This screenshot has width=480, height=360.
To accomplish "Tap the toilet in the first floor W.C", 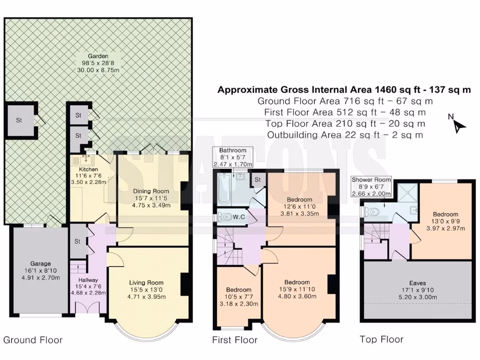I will tap(226, 217).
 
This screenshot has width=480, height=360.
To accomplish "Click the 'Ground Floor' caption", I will tap(33, 340).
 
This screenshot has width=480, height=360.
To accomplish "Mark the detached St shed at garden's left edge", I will tap(19, 120).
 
